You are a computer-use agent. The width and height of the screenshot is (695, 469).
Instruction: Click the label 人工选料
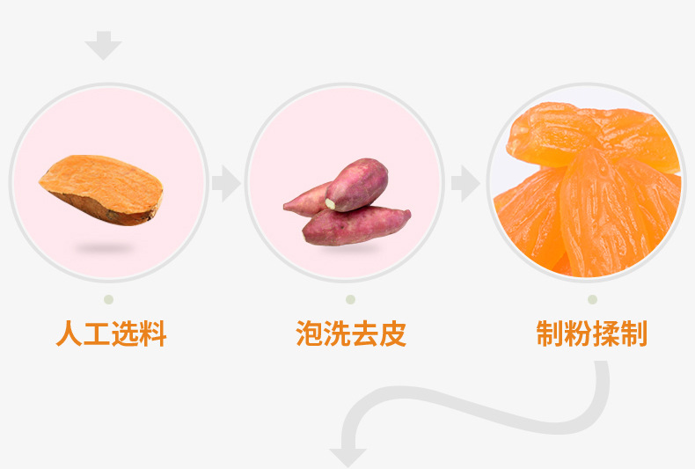click(111, 334)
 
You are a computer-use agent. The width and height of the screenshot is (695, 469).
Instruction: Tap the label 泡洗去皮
click(351, 334)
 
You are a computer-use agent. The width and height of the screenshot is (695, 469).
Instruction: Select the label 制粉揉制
click(591, 334)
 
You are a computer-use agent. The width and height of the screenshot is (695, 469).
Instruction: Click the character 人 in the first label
click(69, 334)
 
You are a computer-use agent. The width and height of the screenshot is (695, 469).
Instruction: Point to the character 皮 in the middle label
click(393, 334)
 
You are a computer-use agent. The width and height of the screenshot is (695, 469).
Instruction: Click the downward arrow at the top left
click(104, 45)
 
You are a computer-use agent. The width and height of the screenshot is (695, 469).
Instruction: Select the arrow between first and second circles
click(226, 184)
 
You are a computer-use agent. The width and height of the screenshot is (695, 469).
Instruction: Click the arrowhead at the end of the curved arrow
click(347, 457)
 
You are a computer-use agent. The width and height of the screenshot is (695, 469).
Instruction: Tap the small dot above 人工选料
click(108, 299)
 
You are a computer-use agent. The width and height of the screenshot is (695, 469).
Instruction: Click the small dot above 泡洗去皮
click(350, 299)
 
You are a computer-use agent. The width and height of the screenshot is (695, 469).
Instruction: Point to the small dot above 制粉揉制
click(592, 299)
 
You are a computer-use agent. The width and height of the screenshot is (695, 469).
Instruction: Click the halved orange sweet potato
click(101, 187)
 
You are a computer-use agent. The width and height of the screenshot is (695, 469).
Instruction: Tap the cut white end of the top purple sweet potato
click(331, 204)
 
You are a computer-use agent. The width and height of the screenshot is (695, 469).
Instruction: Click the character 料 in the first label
click(153, 334)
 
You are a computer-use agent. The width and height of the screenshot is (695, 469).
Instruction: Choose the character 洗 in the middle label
click(337, 334)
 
